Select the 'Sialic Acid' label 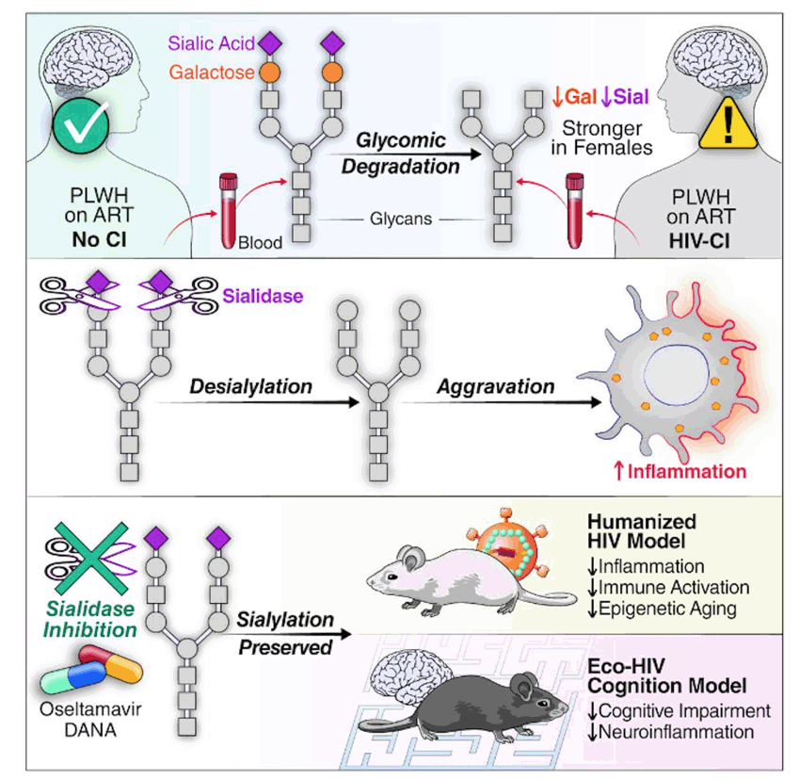point(211,43)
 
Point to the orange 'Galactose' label point(212,73)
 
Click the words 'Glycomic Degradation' point(401,154)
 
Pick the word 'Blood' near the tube point(260,243)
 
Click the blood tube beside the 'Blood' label point(228,210)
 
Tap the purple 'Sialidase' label point(263,296)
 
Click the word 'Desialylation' point(250,386)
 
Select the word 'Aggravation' point(495,386)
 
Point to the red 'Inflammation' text point(687,471)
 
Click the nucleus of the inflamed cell point(677,376)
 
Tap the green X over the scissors point(92,559)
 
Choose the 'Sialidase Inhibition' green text point(90,619)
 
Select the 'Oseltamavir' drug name point(90,709)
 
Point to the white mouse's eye point(392,577)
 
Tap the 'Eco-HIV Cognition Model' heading point(667,675)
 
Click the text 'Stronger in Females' point(601,138)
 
